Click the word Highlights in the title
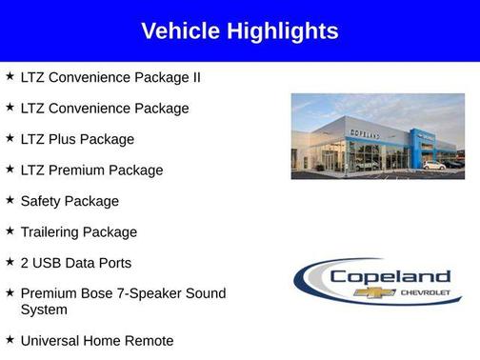[x=281, y=31]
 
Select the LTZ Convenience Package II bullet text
[x=110, y=77]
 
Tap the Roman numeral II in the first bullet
[x=194, y=77]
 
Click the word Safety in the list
[x=42, y=201]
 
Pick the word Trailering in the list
[x=52, y=232]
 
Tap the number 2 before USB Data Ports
[x=25, y=263]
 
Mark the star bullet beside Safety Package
[x=9, y=200]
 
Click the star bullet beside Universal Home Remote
[x=9, y=339]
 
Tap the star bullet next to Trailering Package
[x=9, y=231]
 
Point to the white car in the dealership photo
[x=434, y=166]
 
